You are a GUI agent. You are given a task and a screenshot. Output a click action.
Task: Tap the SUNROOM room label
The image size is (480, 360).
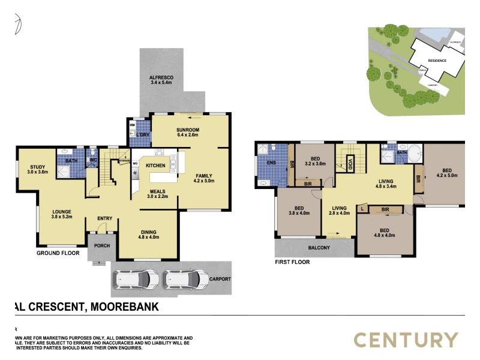188,133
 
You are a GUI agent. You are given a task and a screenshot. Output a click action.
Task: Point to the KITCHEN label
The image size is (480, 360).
155,165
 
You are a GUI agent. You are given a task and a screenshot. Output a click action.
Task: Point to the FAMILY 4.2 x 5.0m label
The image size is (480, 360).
204,178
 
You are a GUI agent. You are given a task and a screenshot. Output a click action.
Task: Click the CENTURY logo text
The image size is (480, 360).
406,340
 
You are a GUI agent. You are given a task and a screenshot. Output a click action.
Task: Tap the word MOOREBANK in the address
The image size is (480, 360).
125,307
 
